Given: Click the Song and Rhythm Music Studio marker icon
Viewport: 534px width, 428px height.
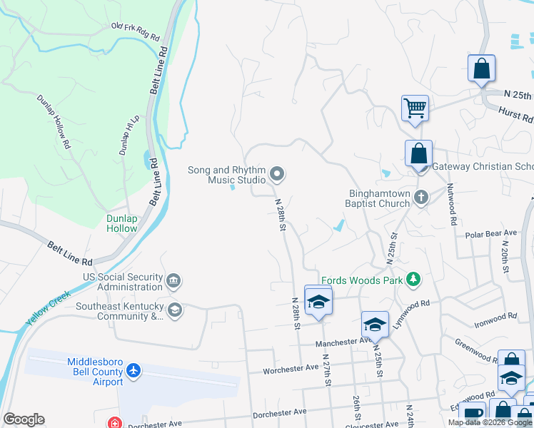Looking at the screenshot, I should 277,174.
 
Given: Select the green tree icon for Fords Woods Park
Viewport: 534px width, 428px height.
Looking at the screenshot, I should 413,280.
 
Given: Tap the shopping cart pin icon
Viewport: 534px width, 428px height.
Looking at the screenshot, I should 415,109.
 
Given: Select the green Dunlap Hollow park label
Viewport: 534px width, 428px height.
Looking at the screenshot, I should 122,223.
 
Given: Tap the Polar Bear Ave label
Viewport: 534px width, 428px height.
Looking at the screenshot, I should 490,233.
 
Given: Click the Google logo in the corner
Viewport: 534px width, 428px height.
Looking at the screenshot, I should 24,419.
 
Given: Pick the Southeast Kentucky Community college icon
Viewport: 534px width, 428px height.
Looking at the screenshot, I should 173,310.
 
